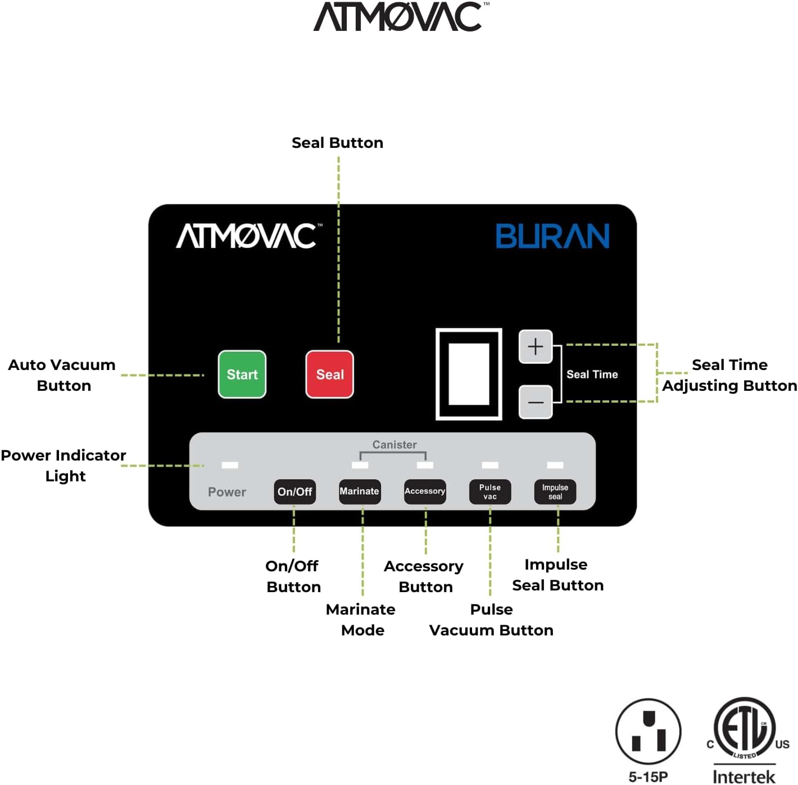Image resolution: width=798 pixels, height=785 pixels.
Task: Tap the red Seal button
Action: (x=330, y=375)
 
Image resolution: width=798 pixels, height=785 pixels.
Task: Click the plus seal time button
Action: (x=536, y=346)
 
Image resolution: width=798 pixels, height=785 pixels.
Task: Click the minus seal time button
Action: (x=536, y=401)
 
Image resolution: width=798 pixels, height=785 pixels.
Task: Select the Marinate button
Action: (x=360, y=491)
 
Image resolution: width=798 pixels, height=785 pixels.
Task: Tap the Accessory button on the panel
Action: (x=425, y=491)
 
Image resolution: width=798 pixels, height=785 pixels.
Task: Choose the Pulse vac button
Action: (x=490, y=491)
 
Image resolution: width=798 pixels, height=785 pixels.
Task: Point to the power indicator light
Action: (x=230, y=465)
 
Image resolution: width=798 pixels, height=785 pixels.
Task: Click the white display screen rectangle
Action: (x=469, y=374)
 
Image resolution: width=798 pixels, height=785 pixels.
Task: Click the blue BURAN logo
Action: (x=552, y=236)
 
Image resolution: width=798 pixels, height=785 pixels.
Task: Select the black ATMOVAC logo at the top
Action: (x=401, y=16)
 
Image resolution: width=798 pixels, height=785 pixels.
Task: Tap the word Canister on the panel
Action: (x=395, y=445)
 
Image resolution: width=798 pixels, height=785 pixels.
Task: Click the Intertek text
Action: (x=743, y=776)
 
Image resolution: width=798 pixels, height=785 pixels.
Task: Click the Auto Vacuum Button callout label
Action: (x=62, y=375)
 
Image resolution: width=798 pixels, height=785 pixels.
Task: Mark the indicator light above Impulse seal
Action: (x=555, y=465)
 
